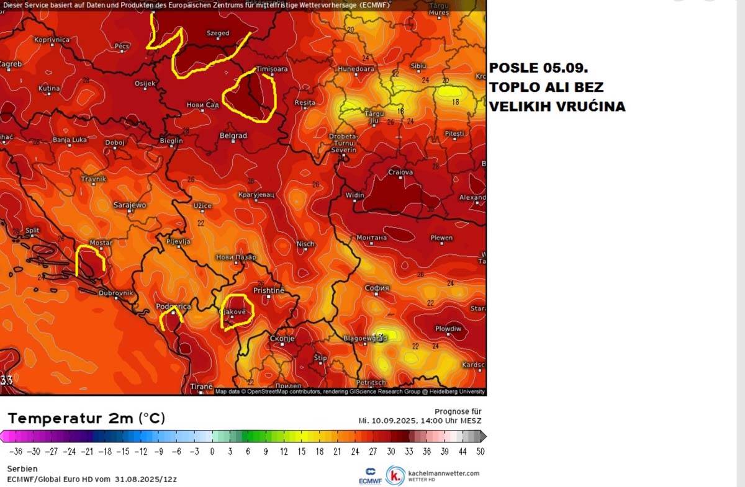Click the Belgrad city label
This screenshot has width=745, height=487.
233,136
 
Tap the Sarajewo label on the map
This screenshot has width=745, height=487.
130,205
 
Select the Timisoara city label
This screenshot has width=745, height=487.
272,69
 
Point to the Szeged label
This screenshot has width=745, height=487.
217,34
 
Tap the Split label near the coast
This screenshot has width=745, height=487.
32,231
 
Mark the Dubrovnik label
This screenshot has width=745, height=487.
116,293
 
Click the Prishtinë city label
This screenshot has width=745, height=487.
269,290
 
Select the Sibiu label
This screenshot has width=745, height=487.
418,66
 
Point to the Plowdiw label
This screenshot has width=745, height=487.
448,329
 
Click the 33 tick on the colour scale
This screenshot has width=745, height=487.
409,452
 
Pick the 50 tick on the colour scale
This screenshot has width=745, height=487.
480,452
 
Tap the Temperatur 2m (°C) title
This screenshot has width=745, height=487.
86,418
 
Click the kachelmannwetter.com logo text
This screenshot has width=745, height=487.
443,473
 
